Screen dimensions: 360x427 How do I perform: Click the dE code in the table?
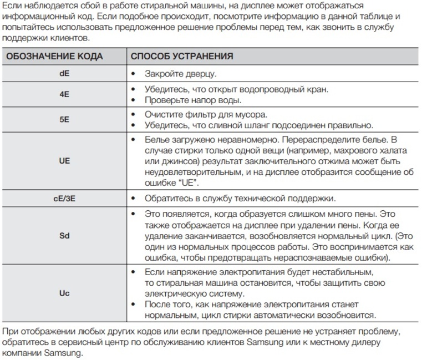click(x=64, y=73)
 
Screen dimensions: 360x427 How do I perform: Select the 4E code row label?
click(x=64, y=94)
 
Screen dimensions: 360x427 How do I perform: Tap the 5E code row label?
click(x=64, y=120)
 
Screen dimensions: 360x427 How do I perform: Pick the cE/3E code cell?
click(x=64, y=198)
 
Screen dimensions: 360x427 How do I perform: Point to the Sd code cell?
click(x=64, y=235)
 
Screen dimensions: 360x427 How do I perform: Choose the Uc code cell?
click(x=64, y=293)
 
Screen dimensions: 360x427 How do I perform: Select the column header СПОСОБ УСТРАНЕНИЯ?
click(x=181, y=57)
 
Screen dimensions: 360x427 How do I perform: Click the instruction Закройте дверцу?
click(x=180, y=73)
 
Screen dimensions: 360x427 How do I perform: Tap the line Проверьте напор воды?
click(x=192, y=100)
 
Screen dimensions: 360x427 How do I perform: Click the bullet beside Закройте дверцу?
click(x=133, y=74)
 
